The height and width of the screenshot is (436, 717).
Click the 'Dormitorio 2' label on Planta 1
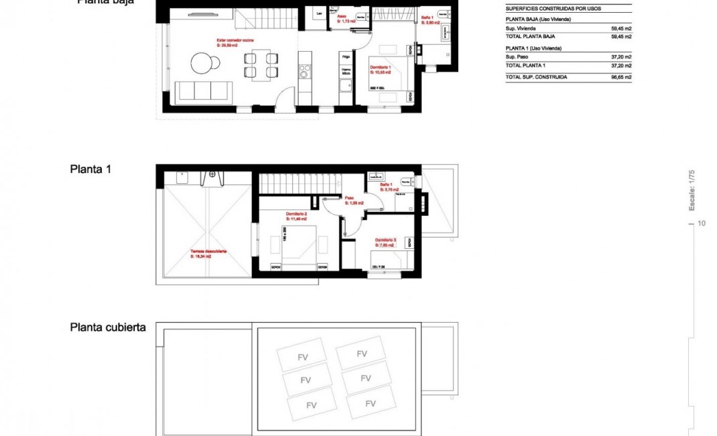pos(296,215)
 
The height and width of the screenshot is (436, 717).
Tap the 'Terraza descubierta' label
pos(208,253)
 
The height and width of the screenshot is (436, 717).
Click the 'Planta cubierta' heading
pos(108,327)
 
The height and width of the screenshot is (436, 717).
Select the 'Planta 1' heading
pos(90,169)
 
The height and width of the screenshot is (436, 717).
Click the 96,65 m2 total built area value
pos(621,77)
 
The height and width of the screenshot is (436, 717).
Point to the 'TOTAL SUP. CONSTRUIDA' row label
pos(536,77)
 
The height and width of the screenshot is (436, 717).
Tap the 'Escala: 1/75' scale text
pos(692,190)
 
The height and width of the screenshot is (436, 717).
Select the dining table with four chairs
pos(261,64)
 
